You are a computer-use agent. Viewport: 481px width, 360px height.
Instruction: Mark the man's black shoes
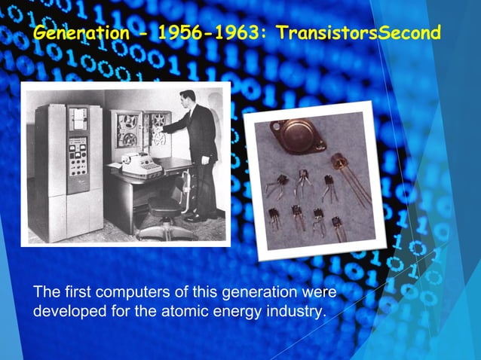tap(198, 216)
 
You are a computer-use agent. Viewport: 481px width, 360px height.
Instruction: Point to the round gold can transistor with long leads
tap(342, 162)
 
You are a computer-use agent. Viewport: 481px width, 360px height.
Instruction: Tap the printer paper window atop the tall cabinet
tap(78, 116)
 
